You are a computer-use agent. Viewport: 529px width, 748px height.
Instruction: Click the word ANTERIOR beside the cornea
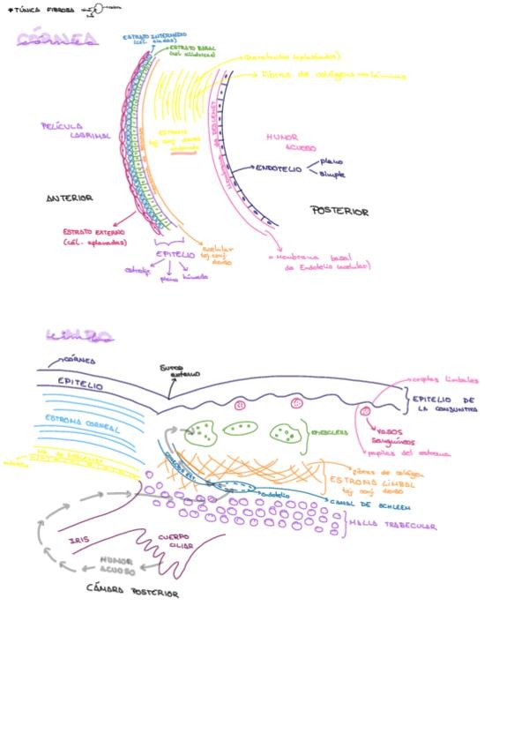coord(70,198)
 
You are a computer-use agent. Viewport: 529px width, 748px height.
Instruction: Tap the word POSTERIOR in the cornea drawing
coord(339,212)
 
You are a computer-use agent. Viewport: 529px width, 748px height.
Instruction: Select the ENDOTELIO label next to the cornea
coord(279,167)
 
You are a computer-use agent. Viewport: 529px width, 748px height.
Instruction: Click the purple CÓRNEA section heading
coord(57,38)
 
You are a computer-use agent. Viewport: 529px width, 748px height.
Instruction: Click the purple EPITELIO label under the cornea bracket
coord(175,254)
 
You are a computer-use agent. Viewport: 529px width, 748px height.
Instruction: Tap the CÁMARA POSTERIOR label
coord(132,592)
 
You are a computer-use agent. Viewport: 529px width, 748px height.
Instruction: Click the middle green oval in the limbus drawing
coord(239,430)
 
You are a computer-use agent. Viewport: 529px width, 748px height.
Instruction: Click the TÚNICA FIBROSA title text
coord(41,11)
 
